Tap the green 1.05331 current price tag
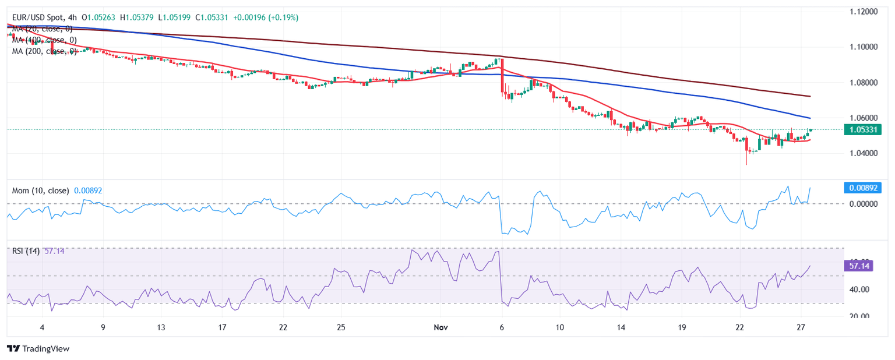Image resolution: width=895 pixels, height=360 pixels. (862, 129)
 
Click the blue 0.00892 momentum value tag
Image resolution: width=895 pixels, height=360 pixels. (862, 188)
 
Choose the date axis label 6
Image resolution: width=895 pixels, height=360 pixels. (501, 327)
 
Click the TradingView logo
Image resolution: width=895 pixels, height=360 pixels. (38, 348)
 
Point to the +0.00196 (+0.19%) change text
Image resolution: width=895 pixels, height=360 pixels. (266, 18)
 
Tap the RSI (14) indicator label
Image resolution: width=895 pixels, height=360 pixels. (26, 251)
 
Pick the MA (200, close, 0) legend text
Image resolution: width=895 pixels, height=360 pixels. (45, 51)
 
